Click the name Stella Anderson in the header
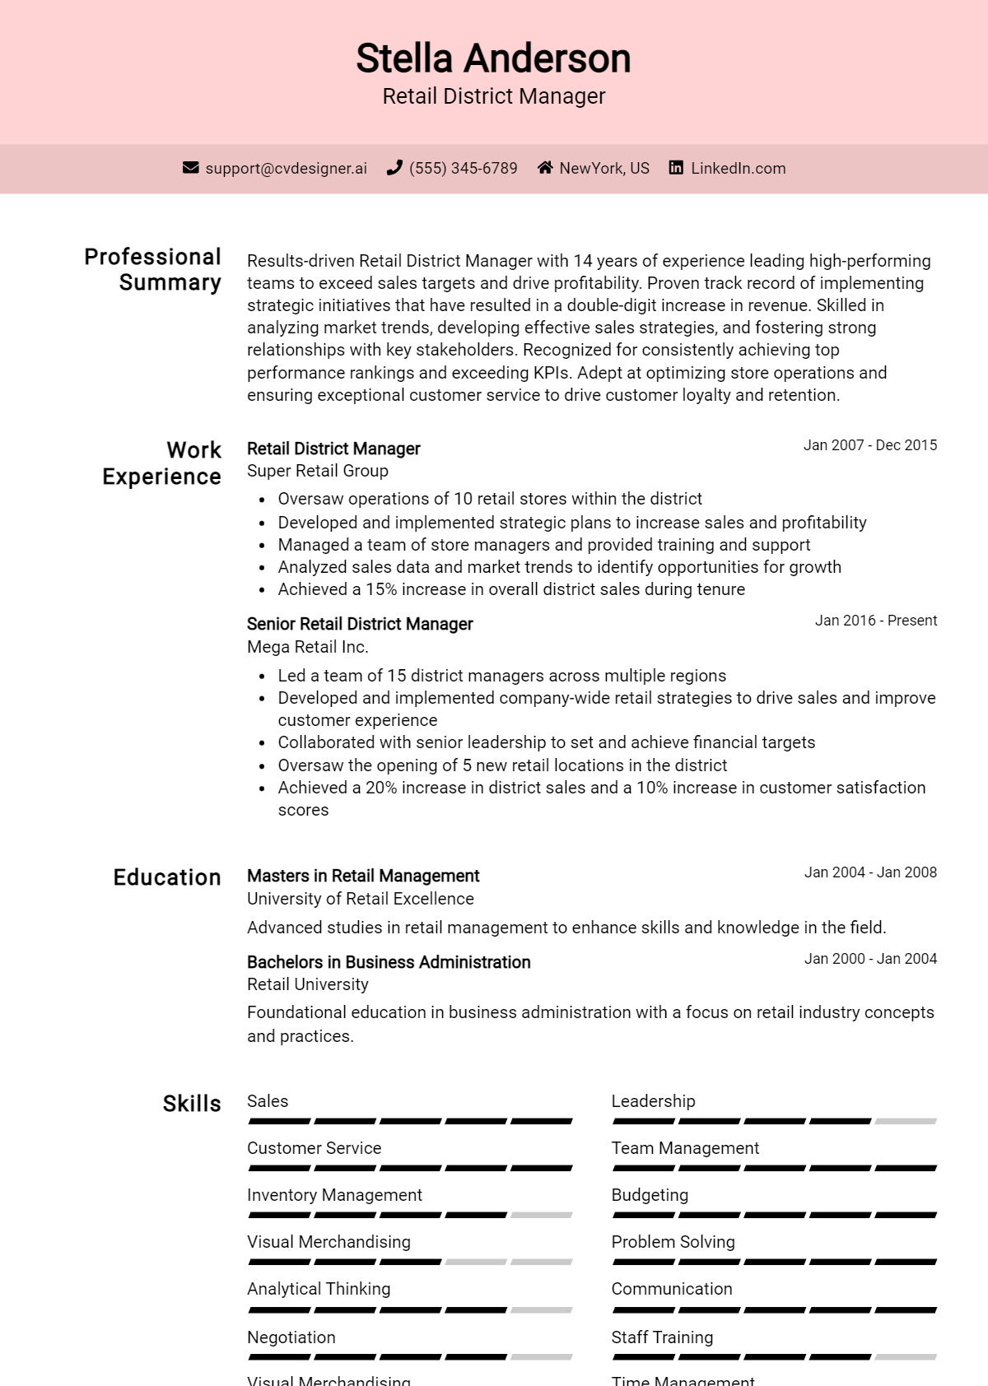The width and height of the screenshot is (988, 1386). (493, 58)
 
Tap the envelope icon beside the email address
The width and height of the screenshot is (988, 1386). (190, 168)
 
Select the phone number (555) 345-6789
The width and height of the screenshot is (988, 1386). (463, 168)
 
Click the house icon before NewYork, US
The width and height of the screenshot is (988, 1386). (544, 168)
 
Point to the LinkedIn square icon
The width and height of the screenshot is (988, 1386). (676, 168)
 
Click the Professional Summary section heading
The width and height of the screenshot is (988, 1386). (153, 269)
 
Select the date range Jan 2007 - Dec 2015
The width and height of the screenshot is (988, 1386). (869, 445)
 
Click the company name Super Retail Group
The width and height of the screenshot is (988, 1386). (318, 471)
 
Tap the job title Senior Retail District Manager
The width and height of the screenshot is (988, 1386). (360, 624)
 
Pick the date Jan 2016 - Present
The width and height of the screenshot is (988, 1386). (875, 621)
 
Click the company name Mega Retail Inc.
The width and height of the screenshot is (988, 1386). (308, 647)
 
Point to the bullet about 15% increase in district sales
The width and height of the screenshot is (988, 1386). (510, 589)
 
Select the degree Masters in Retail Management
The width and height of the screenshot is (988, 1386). (363, 876)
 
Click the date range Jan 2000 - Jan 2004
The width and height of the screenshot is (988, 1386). (870, 959)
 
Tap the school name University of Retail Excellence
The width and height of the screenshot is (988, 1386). (361, 899)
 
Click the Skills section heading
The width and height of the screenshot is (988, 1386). (192, 1104)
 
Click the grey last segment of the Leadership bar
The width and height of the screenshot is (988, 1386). (906, 1121)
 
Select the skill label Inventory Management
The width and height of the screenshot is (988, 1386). (334, 1195)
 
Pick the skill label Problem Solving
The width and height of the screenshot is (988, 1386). (673, 1242)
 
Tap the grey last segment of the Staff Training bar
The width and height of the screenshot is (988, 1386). (906, 1356)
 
